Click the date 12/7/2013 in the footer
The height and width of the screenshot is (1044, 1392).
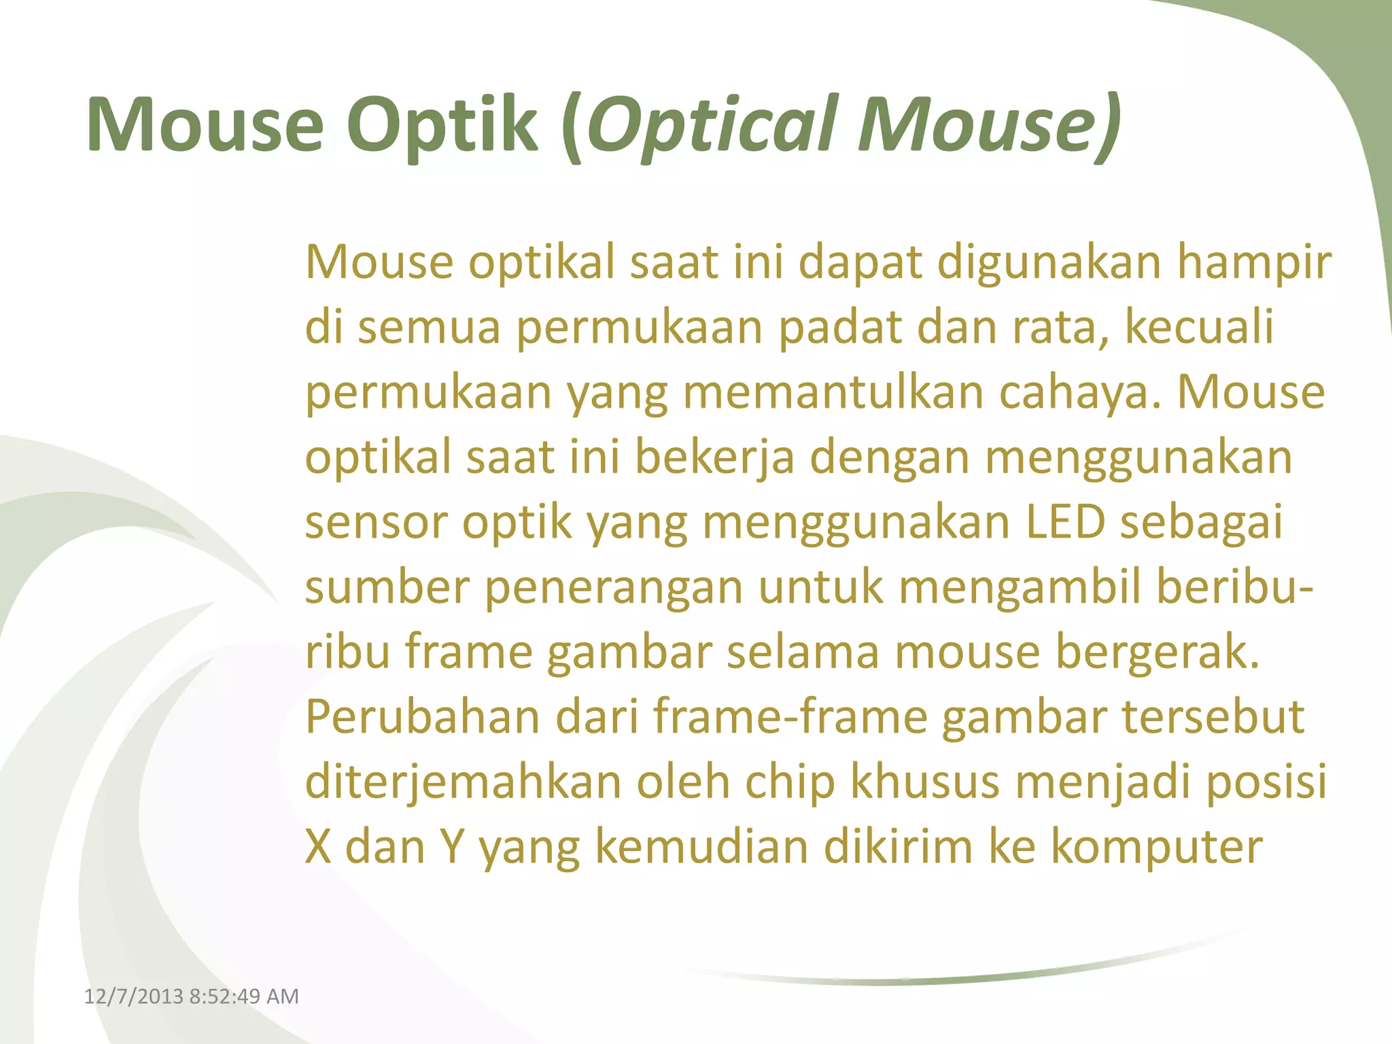(133, 996)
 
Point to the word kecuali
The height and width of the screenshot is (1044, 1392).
(1199, 327)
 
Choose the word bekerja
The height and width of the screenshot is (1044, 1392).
(714, 457)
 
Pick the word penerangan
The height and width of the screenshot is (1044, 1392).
(613, 587)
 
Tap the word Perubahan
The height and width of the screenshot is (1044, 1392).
(422, 717)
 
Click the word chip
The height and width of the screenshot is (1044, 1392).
(790, 782)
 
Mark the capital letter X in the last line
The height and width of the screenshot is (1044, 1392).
(318, 847)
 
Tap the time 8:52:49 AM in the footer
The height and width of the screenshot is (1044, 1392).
(244, 996)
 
